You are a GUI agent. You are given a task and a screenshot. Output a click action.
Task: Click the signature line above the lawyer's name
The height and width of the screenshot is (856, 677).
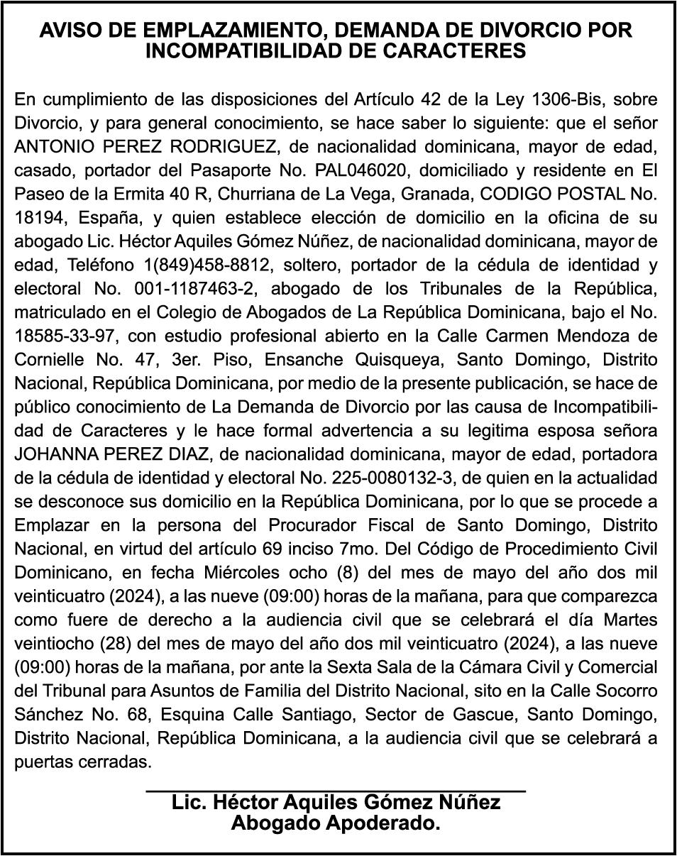335,789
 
